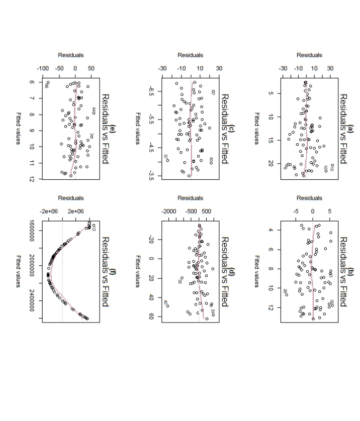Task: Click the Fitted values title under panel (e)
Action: [18, 128]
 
